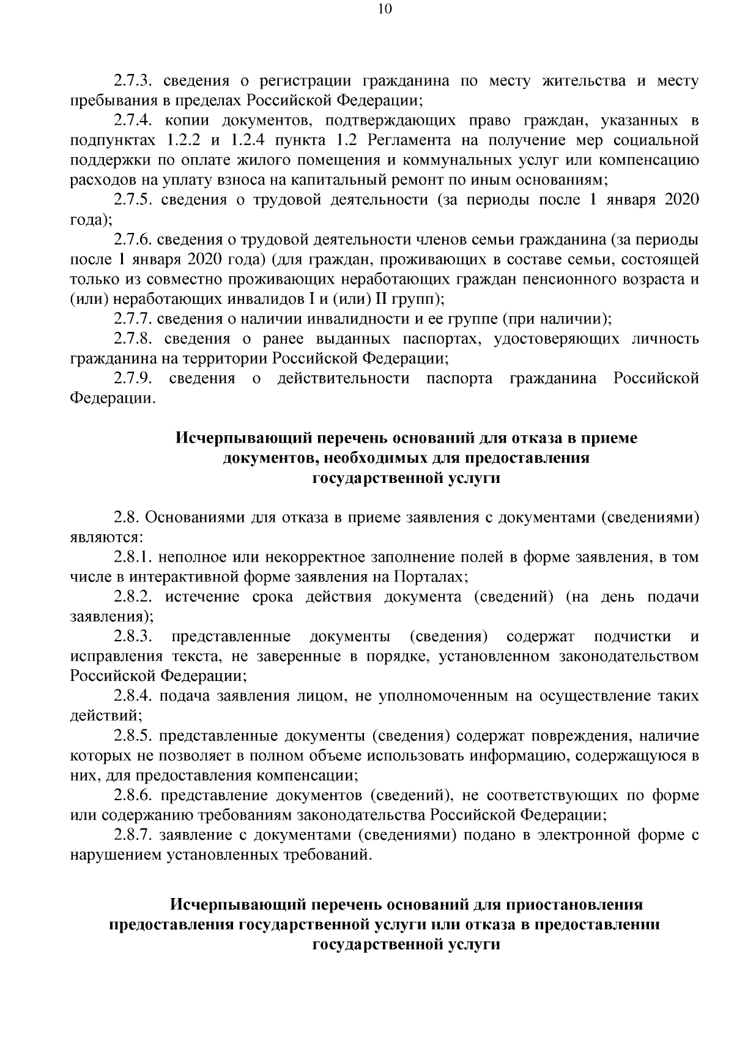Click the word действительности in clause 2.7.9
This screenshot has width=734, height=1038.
(343, 379)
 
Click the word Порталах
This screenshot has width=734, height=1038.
(429, 577)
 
